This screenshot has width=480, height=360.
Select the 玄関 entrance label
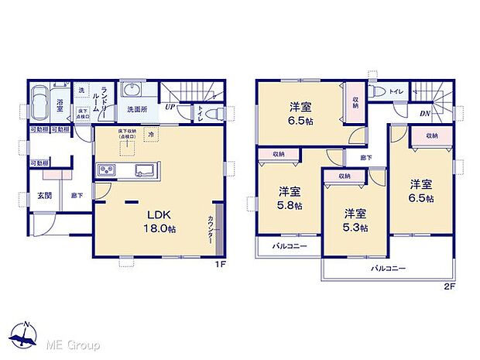[45, 196]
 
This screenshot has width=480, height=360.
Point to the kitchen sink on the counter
[144, 170]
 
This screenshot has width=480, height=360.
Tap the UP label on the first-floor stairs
[168, 108]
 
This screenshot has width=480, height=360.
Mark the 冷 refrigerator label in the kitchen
[151, 133]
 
